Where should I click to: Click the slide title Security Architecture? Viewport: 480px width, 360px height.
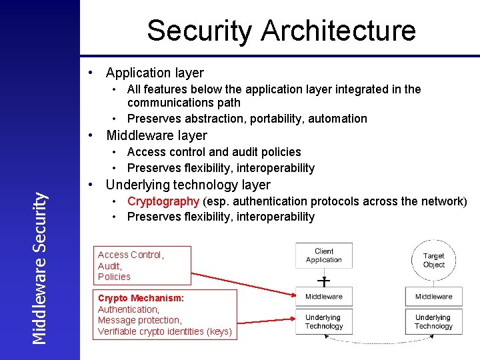[281, 31]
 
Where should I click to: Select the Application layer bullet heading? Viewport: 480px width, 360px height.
[155, 73]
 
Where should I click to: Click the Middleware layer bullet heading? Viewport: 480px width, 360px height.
[157, 135]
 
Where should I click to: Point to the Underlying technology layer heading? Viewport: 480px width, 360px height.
[188, 185]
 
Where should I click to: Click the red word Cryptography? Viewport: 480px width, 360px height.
[163, 201]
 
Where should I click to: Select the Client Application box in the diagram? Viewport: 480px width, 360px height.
[324, 256]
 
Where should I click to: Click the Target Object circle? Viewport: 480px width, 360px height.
[433, 260]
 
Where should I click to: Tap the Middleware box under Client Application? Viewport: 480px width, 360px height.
[324, 296]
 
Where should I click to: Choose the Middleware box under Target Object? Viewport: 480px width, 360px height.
[433, 296]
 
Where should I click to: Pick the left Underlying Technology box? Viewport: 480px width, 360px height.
[324, 322]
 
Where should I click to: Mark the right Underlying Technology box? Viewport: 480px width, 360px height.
[433, 322]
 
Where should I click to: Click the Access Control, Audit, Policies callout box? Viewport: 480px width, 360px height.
[141, 265]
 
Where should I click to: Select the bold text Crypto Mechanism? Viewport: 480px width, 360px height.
[141, 299]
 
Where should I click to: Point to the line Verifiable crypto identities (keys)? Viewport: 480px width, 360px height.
[165, 331]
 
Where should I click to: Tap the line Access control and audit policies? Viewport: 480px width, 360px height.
[214, 152]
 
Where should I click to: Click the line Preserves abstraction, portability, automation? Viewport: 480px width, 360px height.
[247, 119]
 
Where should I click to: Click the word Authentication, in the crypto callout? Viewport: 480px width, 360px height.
[129, 309]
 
